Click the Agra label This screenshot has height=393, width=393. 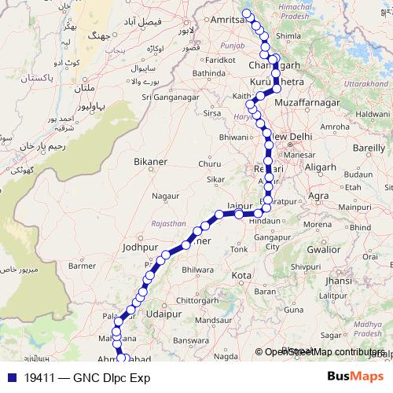click(x=318, y=196)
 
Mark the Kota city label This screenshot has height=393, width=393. click(x=242, y=276)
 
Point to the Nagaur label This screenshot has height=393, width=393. click(x=165, y=196)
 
